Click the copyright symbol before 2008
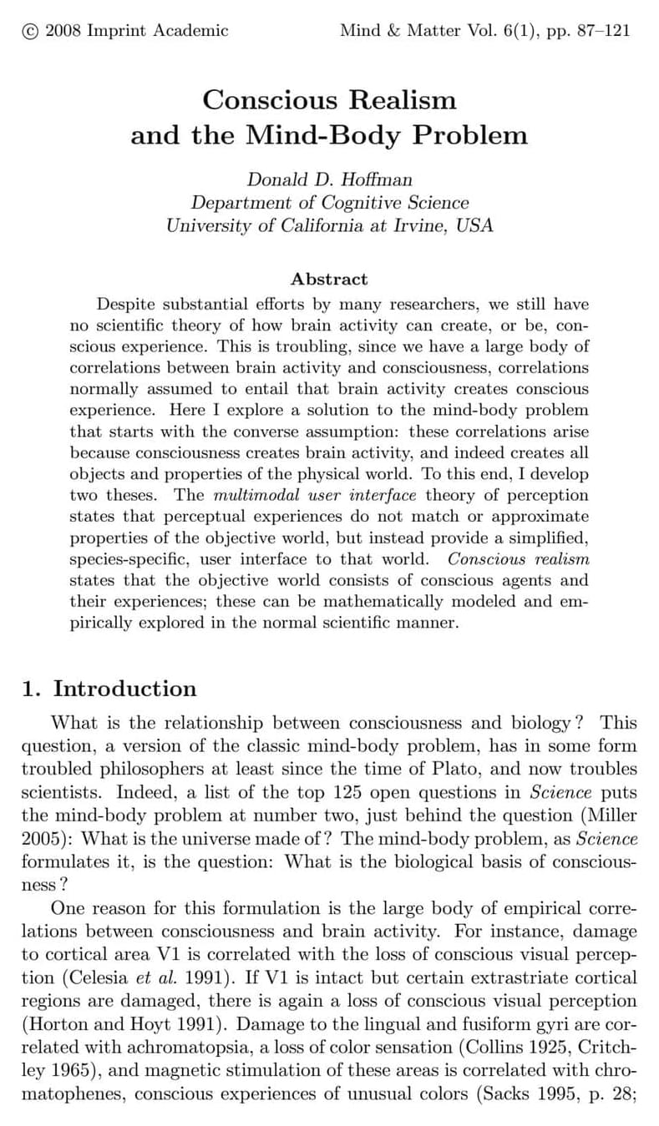coord(29,31)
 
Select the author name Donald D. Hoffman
coord(329,179)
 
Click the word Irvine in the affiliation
coord(410,225)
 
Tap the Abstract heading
coord(329,280)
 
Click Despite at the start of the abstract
coord(127,304)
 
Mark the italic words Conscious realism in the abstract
coord(518,558)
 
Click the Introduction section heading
coord(124,689)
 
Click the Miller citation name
coord(614,815)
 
